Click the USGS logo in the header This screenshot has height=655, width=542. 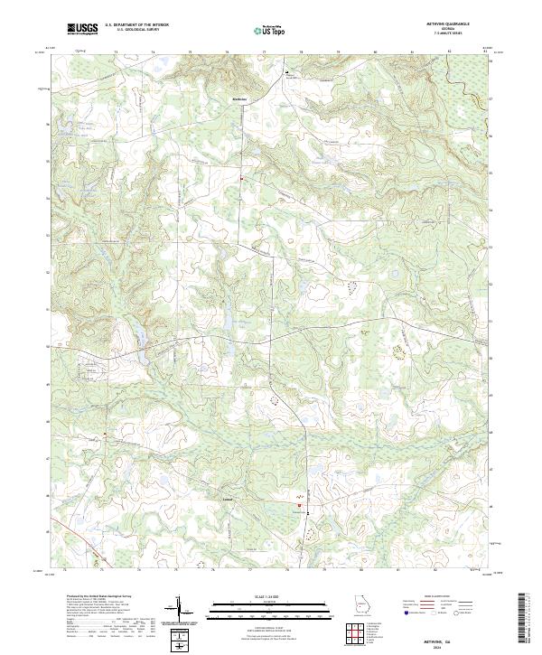click(x=82, y=29)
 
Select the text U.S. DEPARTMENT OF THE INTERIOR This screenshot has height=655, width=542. click(x=135, y=26)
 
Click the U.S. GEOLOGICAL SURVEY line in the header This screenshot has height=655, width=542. click(x=132, y=32)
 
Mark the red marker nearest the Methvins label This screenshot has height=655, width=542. click(x=242, y=177)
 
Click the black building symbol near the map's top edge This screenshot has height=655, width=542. click(x=288, y=72)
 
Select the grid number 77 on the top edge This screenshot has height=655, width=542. click(x=263, y=52)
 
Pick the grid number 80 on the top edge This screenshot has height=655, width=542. click(x=374, y=52)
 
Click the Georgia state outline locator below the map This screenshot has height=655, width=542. click(x=360, y=604)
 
